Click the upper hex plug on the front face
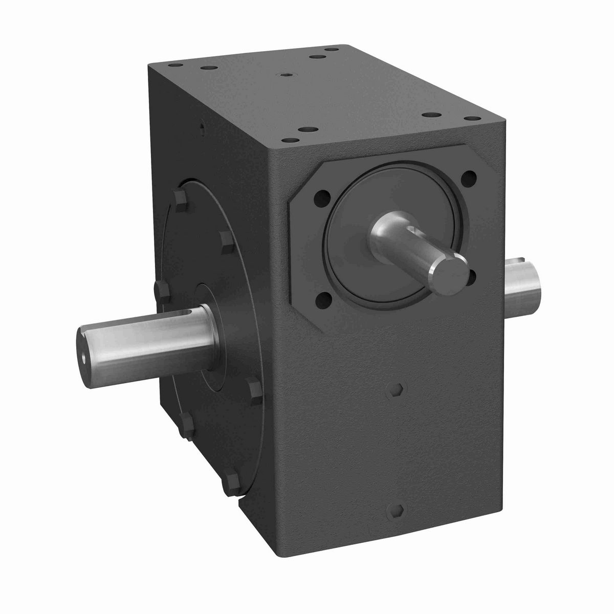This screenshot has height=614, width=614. pos(390,387)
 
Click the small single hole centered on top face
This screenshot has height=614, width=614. pos(285,74)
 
